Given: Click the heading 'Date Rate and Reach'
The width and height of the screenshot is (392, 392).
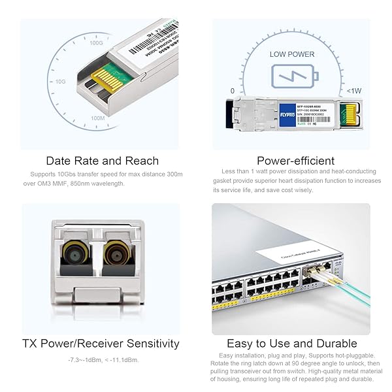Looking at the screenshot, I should (x=102, y=161).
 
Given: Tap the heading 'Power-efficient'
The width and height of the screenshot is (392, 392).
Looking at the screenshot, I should (x=295, y=161).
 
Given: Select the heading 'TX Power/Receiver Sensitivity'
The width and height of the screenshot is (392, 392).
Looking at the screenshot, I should (x=101, y=343).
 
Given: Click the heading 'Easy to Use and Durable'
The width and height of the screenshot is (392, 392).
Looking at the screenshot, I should (x=291, y=343).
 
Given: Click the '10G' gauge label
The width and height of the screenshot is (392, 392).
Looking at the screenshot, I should (x=61, y=82).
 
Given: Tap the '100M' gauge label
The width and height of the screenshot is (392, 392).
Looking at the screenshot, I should (x=98, y=118).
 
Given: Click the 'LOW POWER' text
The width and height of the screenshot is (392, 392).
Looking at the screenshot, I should (x=292, y=54).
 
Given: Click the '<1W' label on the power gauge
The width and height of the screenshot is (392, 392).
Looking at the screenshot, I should (x=353, y=91).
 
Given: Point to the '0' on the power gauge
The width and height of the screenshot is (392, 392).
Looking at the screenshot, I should (x=233, y=91).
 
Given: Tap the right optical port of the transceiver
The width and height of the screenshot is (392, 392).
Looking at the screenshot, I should (x=118, y=252).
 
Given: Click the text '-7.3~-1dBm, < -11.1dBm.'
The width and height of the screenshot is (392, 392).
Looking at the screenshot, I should (x=103, y=360).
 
